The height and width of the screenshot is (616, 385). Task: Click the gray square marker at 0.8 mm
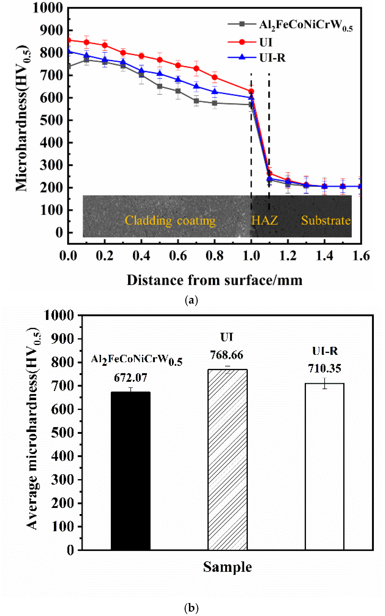point(215,103)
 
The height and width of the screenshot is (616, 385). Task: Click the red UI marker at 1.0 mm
point(251,91)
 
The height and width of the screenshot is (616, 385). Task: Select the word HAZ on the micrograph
point(265,221)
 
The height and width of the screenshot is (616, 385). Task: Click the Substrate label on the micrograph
point(326,221)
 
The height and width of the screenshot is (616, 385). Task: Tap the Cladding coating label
point(170,221)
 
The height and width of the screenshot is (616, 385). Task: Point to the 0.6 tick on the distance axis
point(178,256)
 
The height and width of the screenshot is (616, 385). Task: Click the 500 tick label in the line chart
point(52,120)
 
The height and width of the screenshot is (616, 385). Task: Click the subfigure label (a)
point(191,300)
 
